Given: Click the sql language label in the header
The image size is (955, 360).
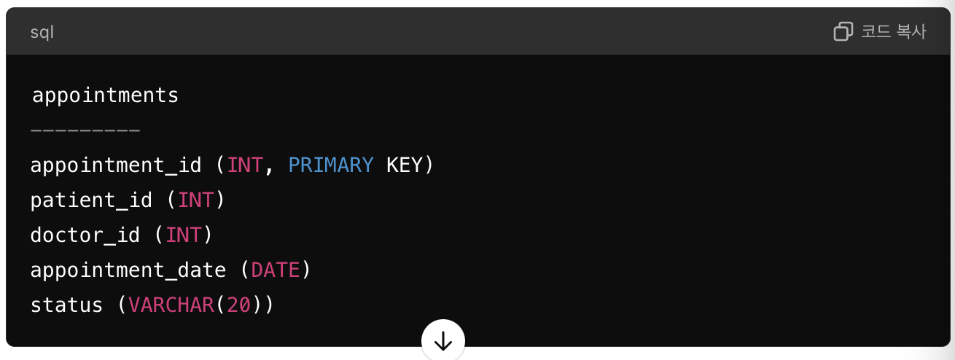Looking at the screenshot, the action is click(x=42, y=32).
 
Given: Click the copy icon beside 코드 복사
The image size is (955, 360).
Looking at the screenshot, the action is click(x=843, y=31).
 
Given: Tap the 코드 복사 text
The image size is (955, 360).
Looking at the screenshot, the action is click(x=893, y=31).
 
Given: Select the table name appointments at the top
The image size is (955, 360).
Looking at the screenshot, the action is click(x=105, y=95).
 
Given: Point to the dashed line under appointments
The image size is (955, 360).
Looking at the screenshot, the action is click(x=85, y=130).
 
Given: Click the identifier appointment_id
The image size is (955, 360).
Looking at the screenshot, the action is click(x=115, y=165).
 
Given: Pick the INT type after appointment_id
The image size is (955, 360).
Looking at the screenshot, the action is click(x=245, y=165).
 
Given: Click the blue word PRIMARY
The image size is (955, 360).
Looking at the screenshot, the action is click(x=330, y=165).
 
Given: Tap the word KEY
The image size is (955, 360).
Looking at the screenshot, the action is click(x=404, y=165).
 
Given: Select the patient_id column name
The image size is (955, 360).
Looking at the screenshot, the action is click(x=91, y=200).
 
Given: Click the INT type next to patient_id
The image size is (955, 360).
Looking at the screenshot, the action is click(x=196, y=200).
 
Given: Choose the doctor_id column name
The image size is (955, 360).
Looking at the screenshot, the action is click(x=85, y=235).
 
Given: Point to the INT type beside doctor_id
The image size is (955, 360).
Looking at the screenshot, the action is click(x=184, y=235).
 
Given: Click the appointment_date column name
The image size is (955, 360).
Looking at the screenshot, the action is click(x=128, y=270).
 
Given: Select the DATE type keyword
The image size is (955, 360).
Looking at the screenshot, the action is click(x=275, y=270).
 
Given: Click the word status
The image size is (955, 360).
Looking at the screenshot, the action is click(x=66, y=305).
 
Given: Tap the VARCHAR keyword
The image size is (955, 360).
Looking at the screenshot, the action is click(x=171, y=305).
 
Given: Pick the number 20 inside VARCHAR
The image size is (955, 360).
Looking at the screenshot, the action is click(x=239, y=305).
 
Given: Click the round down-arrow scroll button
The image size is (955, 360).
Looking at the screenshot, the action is click(x=443, y=340).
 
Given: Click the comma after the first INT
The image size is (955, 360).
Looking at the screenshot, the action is click(x=268, y=168).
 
